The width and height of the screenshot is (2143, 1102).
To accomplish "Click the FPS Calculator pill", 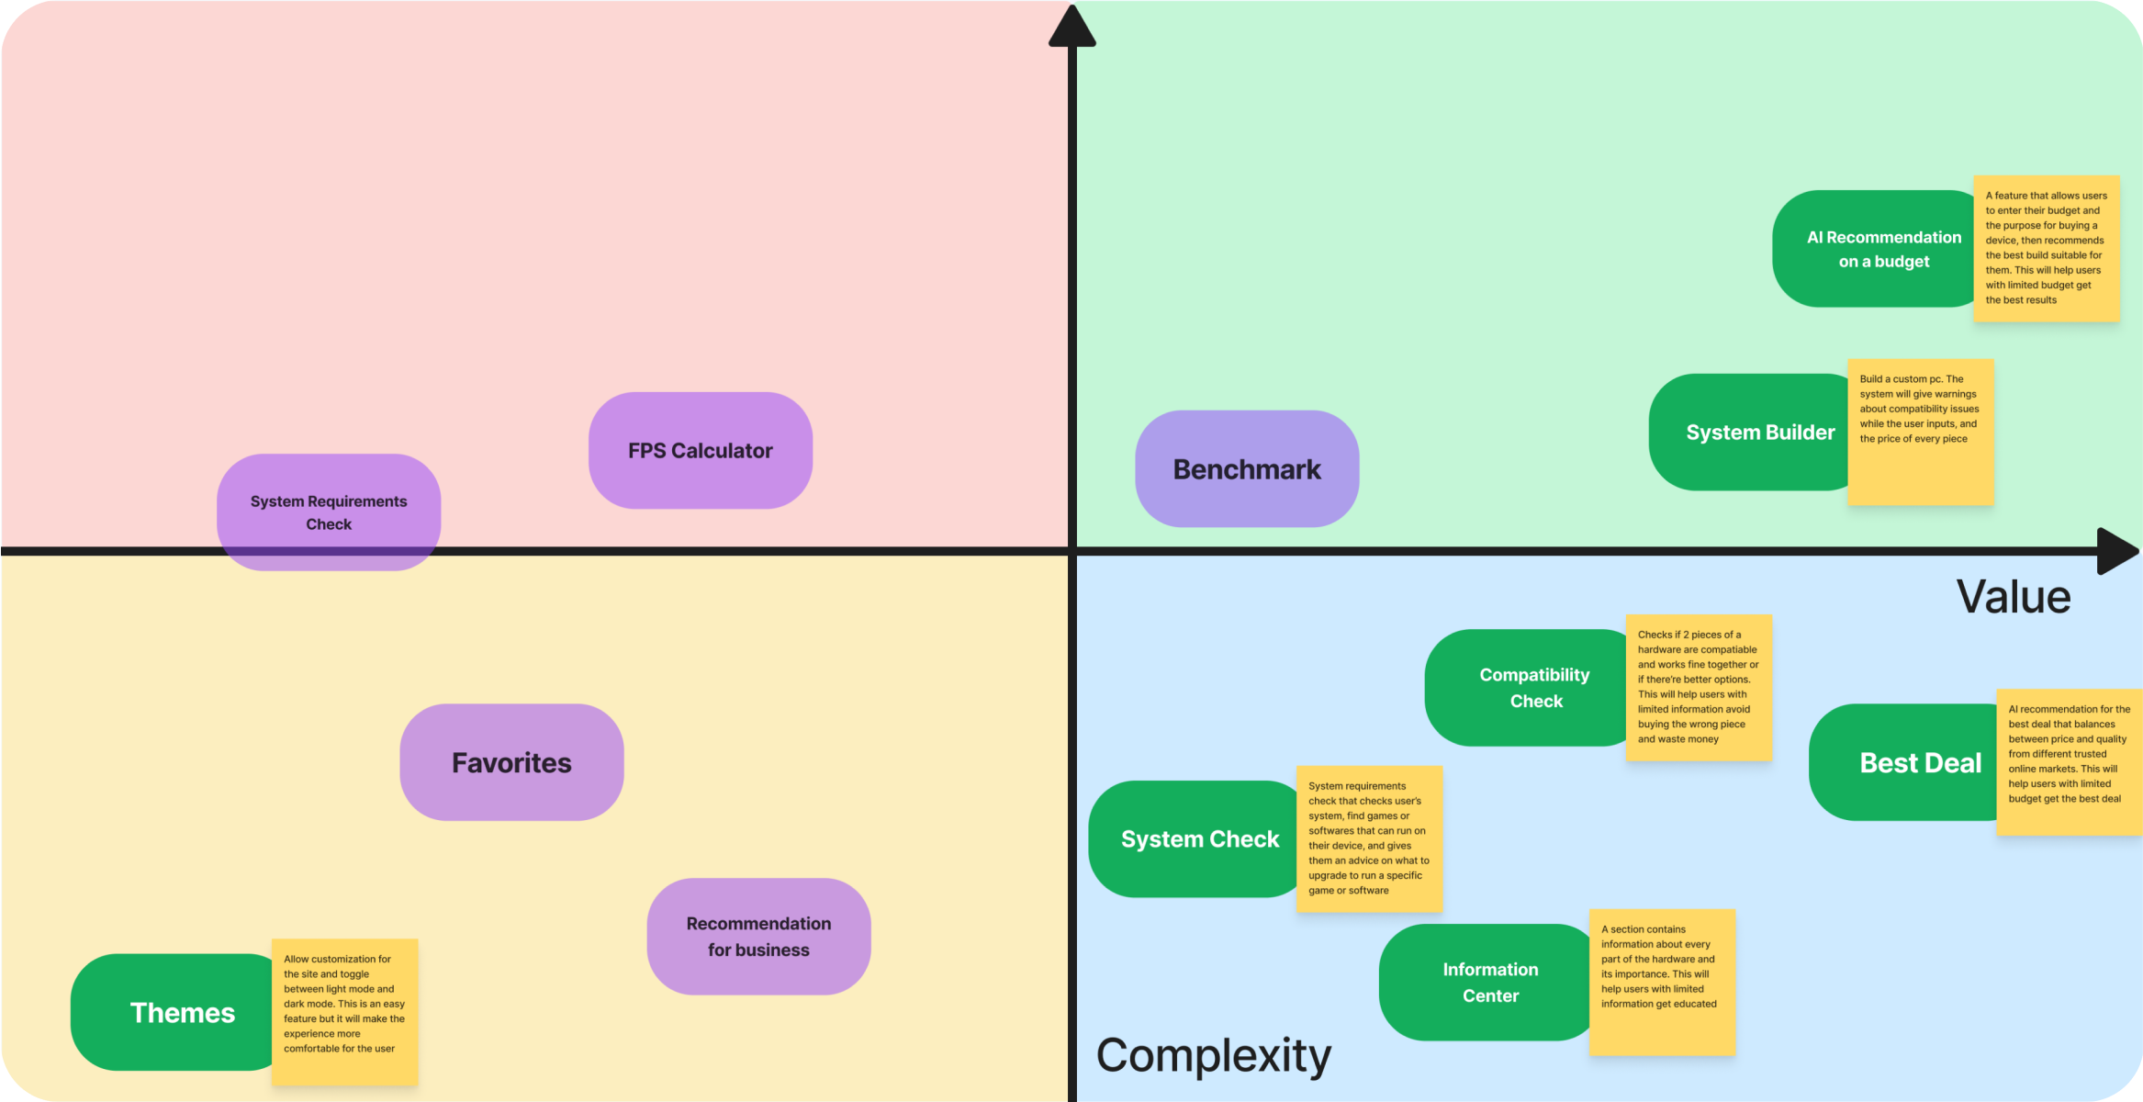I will [700, 451].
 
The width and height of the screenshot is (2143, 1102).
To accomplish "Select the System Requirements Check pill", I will [328, 512].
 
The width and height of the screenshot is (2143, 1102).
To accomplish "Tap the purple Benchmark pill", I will [1246, 469].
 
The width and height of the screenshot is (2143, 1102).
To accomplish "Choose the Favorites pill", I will [511, 762].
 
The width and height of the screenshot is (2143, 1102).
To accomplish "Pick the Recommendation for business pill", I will [758, 937].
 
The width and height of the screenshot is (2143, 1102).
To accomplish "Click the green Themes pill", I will [174, 1012].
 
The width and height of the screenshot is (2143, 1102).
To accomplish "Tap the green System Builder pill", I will [1749, 433].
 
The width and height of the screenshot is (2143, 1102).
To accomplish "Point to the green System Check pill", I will [1194, 839].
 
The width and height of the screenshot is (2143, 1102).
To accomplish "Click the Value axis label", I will [2014, 597].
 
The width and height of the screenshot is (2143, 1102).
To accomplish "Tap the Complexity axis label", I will [1213, 1056].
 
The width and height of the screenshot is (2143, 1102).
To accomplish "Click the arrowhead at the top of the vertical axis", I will [1071, 28].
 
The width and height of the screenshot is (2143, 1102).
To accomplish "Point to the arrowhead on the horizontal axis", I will [2116, 551].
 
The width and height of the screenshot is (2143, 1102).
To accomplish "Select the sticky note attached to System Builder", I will [1921, 433].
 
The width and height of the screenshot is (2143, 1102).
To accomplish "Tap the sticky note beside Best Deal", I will [2070, 762].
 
